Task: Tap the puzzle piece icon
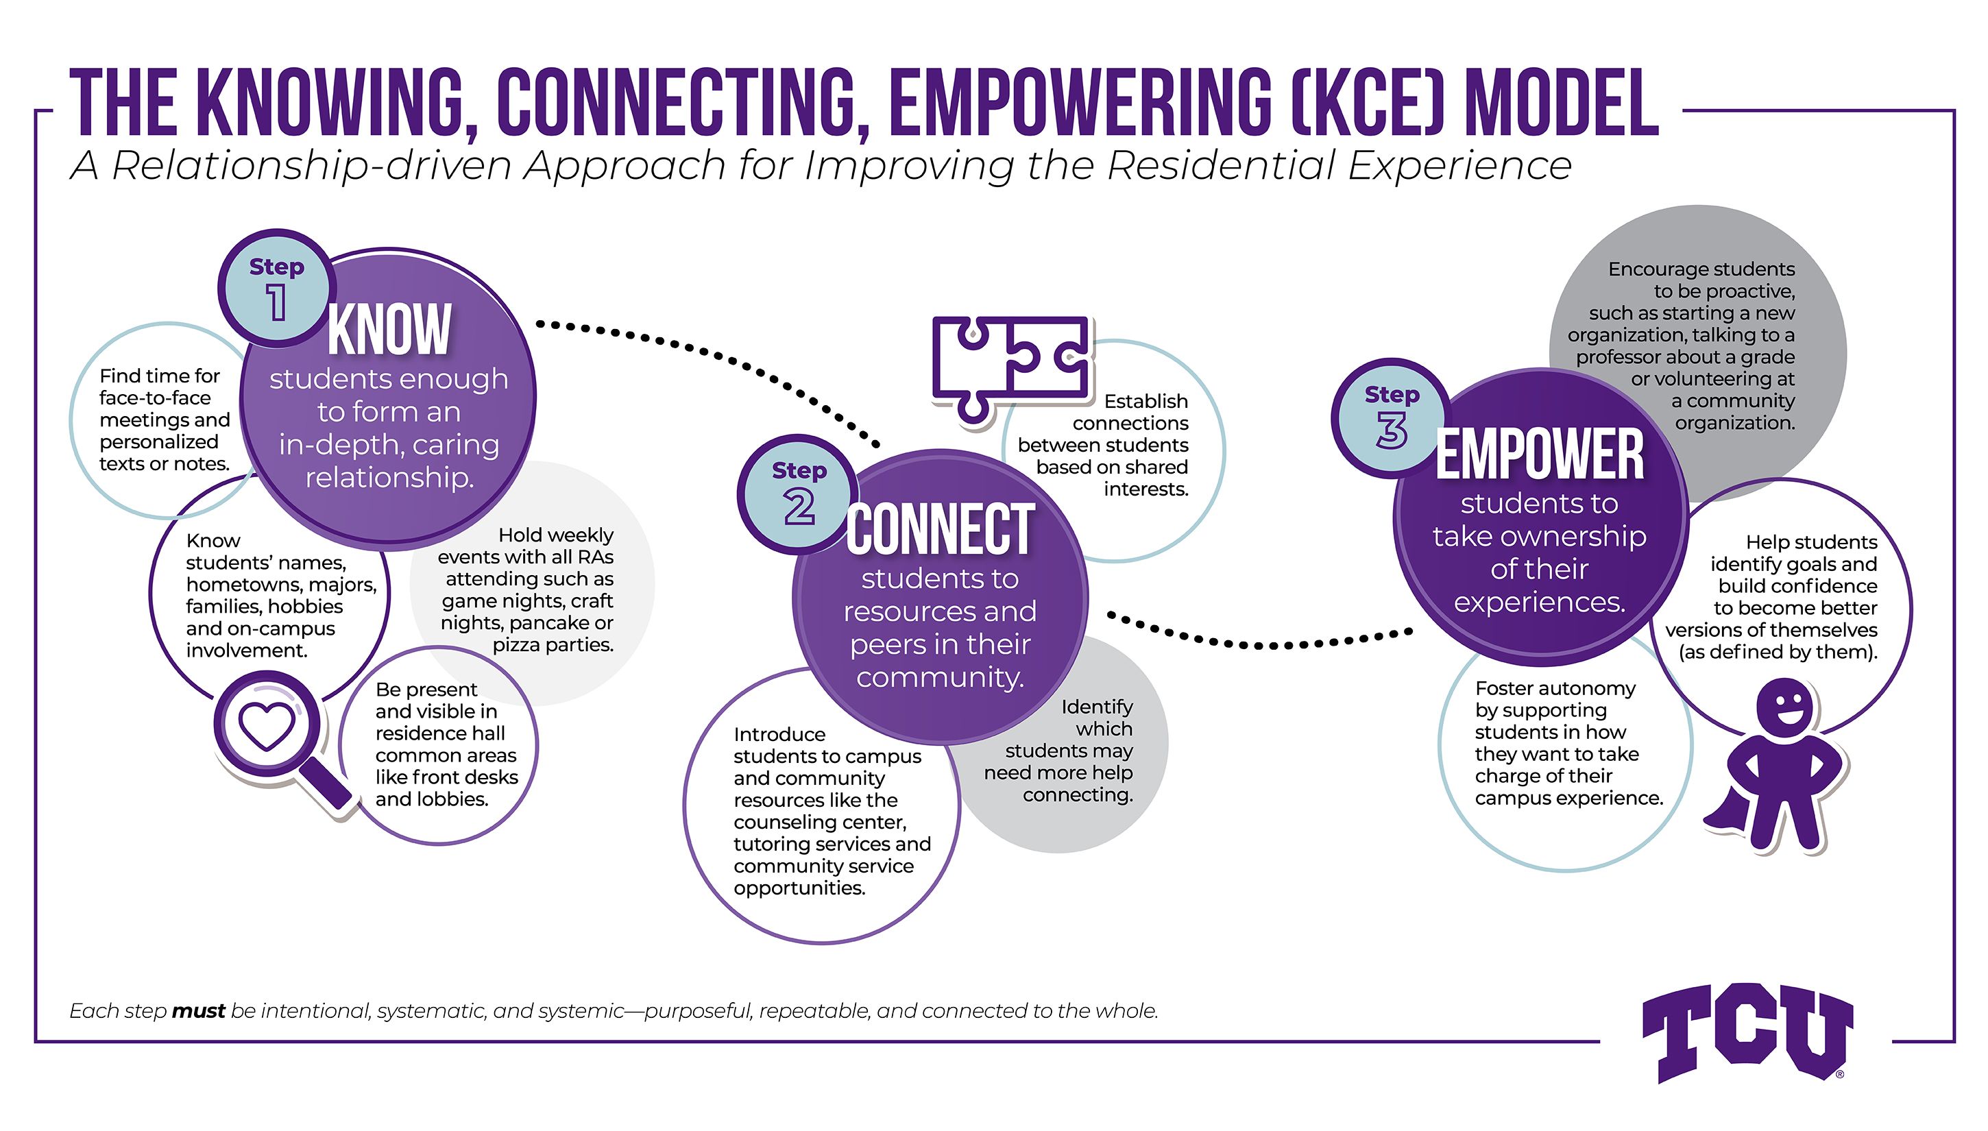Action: (1010, 365)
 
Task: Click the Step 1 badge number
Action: (276, 302)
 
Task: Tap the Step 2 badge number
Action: (799, 507)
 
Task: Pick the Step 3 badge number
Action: (1392, 430)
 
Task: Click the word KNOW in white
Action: (389, 330)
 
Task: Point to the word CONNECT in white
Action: (940, 530)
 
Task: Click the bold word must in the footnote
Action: (198, 1010)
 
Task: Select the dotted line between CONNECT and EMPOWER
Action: (1259, 643)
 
